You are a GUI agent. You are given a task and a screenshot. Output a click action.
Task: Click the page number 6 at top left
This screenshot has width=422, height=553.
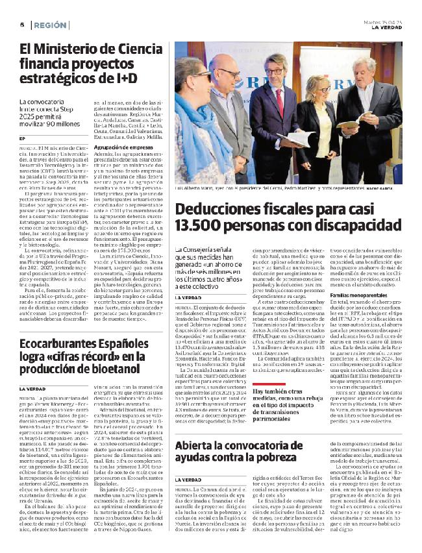(22, 25)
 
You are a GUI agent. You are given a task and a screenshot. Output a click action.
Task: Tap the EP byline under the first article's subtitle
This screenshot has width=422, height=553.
(22, 139)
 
